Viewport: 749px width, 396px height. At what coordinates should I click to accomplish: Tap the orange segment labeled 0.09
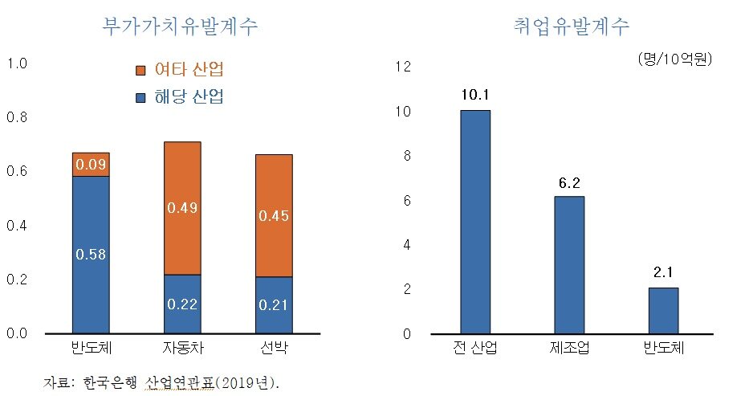(x=91, y=165)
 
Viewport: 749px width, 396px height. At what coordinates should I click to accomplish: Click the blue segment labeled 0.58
(x=91, y=254)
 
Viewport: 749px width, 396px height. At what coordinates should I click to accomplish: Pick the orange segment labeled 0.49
(x=182, y=208)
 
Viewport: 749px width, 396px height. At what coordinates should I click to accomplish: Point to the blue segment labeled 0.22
(x=182, y=304)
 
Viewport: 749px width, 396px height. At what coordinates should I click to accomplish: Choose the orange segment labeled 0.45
(x=274, y=215)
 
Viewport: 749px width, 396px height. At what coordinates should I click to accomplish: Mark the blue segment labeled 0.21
(x=274, y=305)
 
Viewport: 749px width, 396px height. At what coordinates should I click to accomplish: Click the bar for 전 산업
(x=475, y=222)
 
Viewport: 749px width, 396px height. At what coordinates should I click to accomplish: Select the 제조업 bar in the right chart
(x=569, y=265)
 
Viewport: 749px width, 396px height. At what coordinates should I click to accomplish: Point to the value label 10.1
(x=475, y=95)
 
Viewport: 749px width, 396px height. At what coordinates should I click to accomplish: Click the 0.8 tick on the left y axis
(x=17, y=117)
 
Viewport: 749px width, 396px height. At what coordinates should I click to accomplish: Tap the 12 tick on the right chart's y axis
(x=403, y=67)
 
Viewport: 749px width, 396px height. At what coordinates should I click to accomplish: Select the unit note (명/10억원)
(x=674, y=59)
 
